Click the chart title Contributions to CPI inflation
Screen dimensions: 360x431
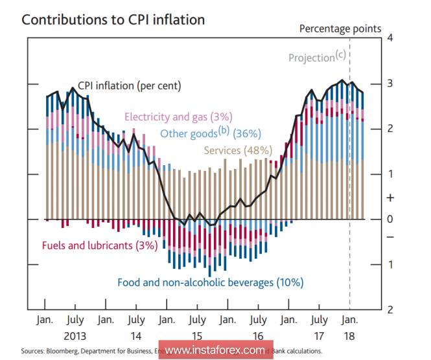pos(113,19)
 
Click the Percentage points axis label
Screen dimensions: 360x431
pos(340,28)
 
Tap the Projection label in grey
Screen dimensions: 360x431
pos(316,58)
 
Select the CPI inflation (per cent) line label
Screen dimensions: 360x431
pos(130,85)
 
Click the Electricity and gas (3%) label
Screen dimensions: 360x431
pos(178,117)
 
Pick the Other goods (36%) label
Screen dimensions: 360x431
pos(210,133)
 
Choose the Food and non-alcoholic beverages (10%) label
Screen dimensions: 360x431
pos(210,282)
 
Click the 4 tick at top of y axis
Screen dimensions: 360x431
pos(390,38)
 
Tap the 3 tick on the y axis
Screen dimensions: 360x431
pos(390,83)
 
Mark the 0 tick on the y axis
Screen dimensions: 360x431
pos(390,219)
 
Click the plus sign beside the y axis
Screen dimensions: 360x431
pos(390,197)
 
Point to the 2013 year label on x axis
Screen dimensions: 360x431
pos(75,337)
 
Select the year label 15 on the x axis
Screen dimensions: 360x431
pos(198,337)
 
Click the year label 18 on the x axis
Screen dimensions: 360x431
pos(350,337)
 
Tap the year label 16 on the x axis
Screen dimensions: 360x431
pos(259,337)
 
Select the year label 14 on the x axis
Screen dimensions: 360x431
pos(136,337)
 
